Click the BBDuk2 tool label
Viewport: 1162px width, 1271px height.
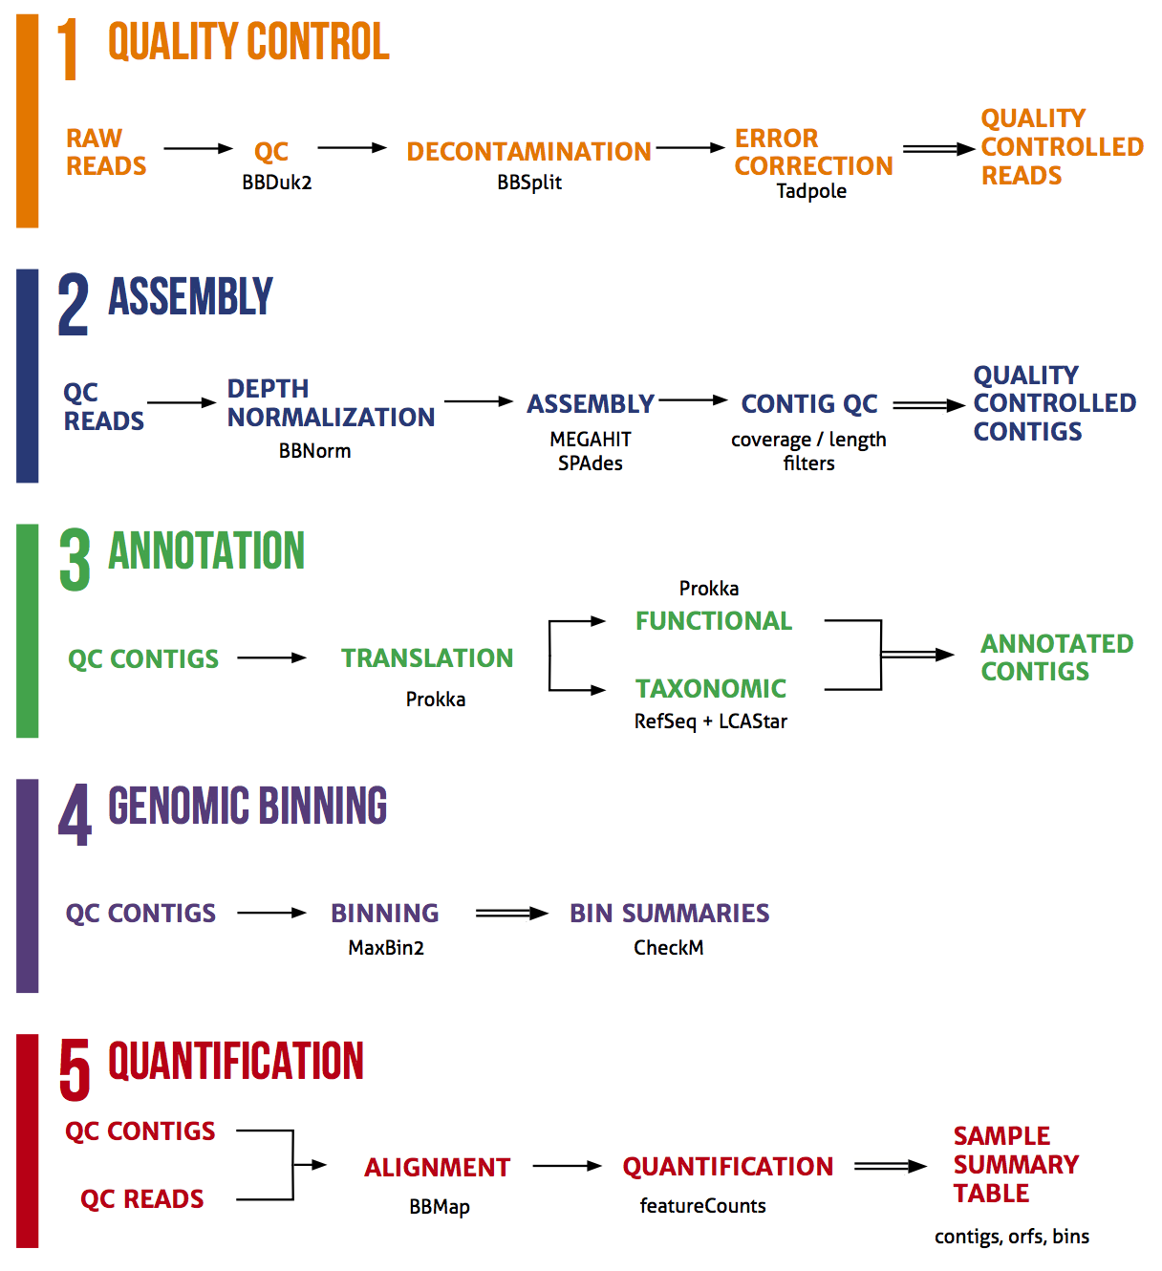click(x=276, y=182)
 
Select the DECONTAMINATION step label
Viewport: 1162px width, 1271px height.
click(x=528, y=151)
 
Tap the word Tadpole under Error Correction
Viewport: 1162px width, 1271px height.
click(x=810, y=191)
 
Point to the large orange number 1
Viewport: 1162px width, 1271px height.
click(x=68, y=50)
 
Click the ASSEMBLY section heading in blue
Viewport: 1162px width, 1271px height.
click(x=190, y=297)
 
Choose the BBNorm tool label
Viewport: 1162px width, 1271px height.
click(x=314, y=451)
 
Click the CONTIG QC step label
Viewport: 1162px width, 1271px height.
click(x=808, y=404)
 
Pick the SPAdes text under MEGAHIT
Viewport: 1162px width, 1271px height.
click(x=590, y=463)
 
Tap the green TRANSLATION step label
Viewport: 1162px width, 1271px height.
click(x=427, y=657)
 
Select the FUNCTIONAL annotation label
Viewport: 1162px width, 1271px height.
click(x=714, y=621)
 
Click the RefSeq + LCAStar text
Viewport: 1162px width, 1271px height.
click(x=710, y=722)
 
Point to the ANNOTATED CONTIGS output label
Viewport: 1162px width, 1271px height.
click(x=1056, y=657)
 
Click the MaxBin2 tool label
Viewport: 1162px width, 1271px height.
click(x=386, y=948)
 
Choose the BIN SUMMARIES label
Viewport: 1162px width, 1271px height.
click(x=669, y=914)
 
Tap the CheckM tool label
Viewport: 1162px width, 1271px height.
click(x=668, y=948)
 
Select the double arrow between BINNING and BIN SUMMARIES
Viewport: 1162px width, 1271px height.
click(x=511, y=914)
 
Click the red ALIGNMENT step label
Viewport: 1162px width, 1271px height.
click(x=437, y=1168)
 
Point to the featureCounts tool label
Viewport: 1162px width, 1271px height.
click(x=702, y=1206)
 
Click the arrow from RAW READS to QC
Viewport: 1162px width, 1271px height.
click(x=198, y=148)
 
